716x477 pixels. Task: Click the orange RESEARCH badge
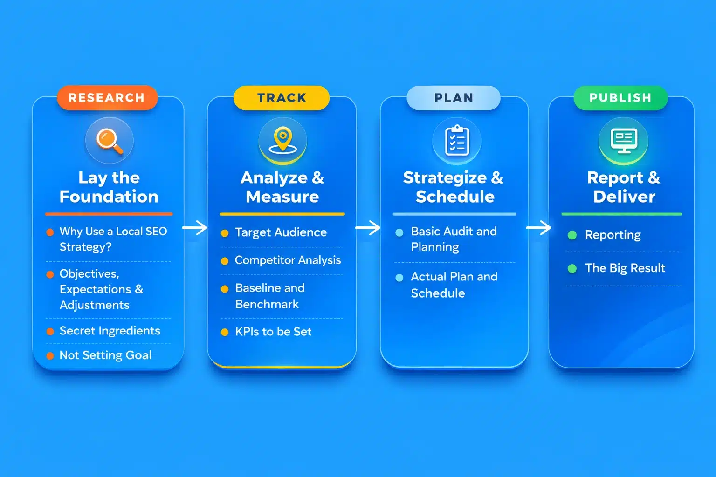pos(107,98)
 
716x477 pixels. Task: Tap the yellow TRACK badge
pos(282,98)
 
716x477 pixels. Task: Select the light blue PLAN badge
pos(454,98)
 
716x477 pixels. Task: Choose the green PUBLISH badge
pos(620,98)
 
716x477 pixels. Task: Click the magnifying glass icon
pos(110,141)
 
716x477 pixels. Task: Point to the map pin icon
pos(283,141)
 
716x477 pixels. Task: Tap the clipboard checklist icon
pos(457,141)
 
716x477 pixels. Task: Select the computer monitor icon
pos(624,141)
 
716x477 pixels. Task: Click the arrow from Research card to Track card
pos(195,228)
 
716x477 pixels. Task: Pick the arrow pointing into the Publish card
pos(539,228)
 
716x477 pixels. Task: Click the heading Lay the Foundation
pos(109,187)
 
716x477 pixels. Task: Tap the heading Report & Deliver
pos(624,187)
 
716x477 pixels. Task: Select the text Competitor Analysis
pos(288,260)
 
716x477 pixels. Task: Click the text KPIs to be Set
pos(273,332)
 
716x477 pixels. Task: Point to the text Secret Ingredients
pos(110,331)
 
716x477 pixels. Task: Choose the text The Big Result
pos(625,268)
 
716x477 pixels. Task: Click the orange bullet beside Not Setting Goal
pos(50,356)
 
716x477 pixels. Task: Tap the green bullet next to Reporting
pos(572,235)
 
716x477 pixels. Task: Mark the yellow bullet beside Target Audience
pos(225,233)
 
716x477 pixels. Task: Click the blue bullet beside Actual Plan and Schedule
pos(399,278)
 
